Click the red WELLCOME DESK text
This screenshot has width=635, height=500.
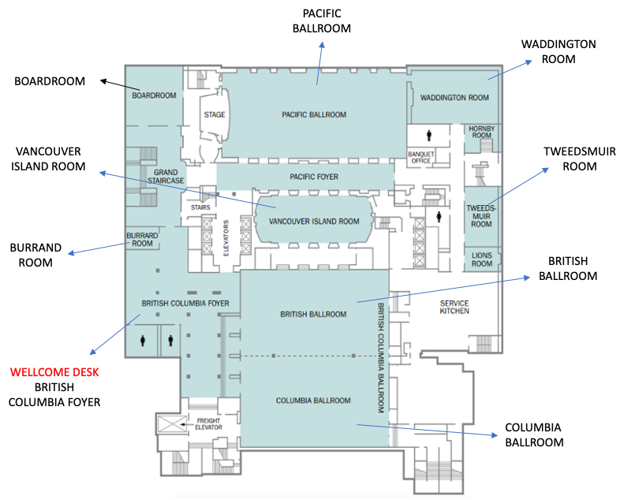[x=54, y=371]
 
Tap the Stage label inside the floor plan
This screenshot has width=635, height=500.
[x=215, y=114]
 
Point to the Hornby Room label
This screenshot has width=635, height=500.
[x=480, y=131]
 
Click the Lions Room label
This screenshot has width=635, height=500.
[x=481, y=259]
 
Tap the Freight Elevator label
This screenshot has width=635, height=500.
[x=209, y=424]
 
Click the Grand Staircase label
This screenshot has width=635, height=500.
[x=169, y=176]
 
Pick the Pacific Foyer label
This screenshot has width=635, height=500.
[x=314, y=177]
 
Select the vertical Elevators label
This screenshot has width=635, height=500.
[x=226, y=237]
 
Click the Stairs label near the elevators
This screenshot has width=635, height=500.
[x=200, y=208]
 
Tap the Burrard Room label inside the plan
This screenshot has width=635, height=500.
[x=143, y=239]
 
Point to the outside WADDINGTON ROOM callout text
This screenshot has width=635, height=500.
[x=558, y=51]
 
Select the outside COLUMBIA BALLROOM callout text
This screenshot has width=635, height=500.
[x=534, y=435]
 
